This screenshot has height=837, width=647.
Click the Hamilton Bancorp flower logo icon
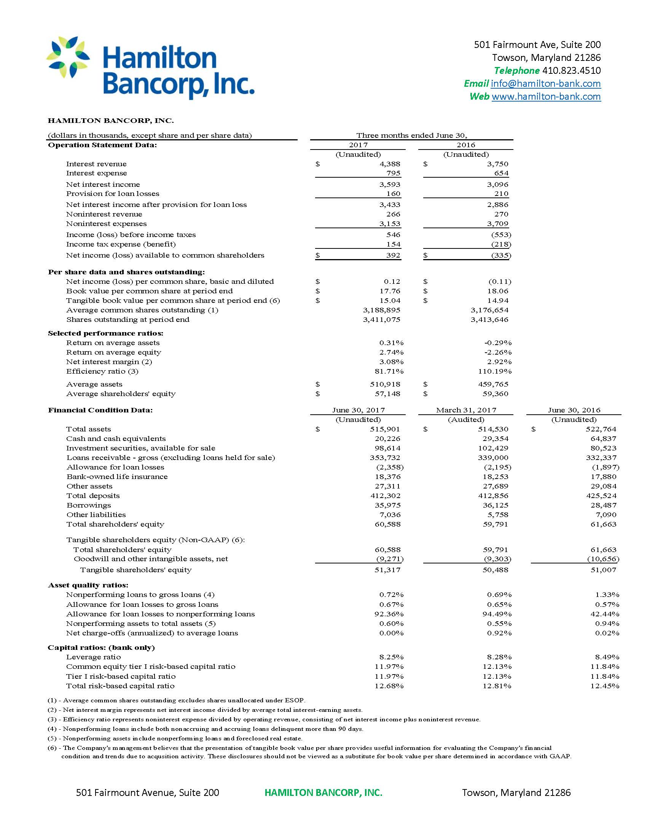[x=68, y=57]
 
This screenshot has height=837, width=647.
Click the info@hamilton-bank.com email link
[x=545, y=84]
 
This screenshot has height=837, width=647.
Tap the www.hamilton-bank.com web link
[x=546, y=96]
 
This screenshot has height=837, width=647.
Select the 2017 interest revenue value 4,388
[x=390, y=164]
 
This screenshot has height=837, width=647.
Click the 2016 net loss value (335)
[x=501, y=255]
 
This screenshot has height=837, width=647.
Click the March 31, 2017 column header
[x=466, y=410]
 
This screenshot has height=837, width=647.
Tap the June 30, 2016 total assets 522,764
[x=601, y=429]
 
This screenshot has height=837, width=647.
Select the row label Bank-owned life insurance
[x=117, y=477]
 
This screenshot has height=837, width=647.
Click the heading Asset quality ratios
[x=88, y=585]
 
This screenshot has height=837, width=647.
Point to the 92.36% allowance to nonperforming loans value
[x=389, y=614]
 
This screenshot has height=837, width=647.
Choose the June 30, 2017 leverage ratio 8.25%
[x=391, y=657]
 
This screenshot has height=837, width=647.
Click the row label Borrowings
[x=89, y=505]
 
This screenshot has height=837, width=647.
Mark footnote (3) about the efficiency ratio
[x=264, y=719]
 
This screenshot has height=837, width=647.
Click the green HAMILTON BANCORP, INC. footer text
[x=323, y=792]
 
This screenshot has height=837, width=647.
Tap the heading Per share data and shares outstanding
[x=126, y=272]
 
